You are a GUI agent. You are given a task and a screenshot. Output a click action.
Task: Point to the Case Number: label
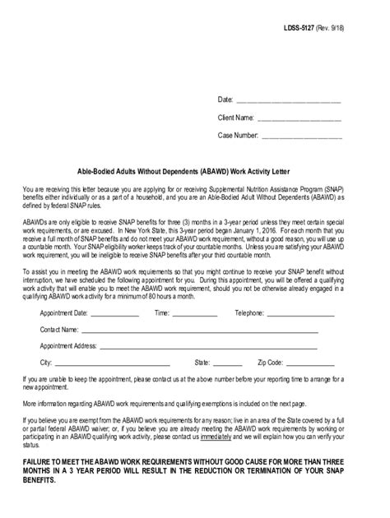239,134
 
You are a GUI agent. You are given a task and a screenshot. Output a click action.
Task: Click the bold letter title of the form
195,173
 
